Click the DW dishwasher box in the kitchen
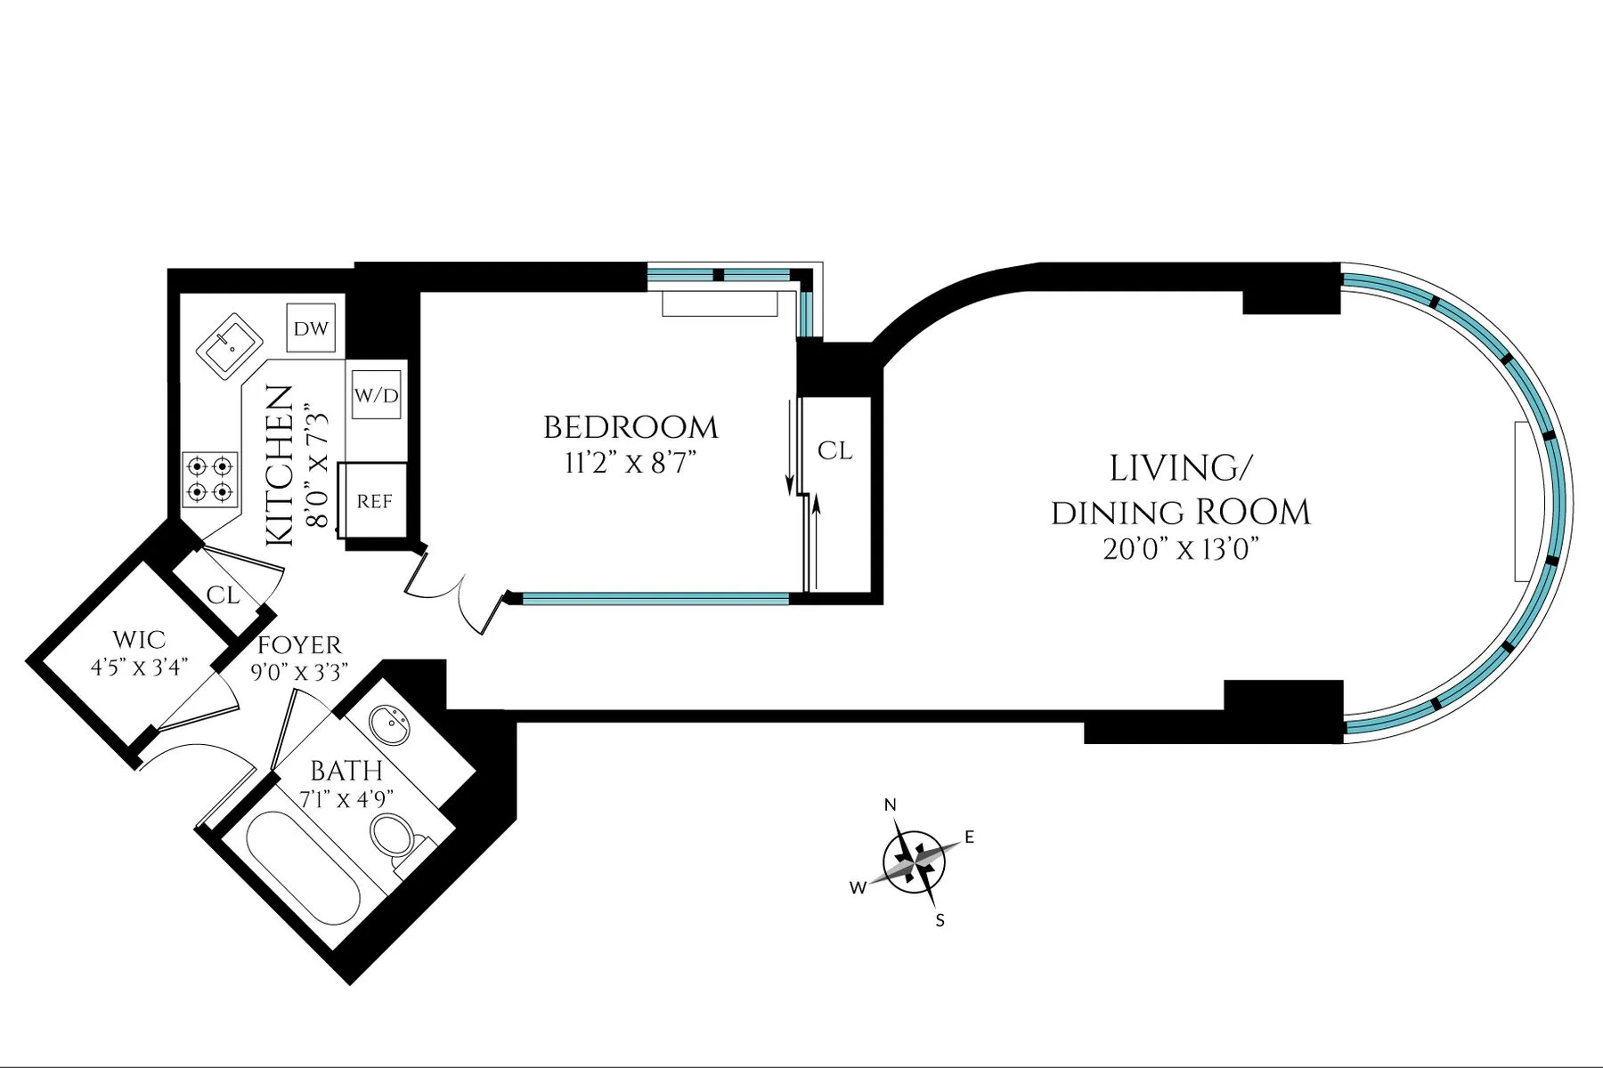coord(311,328)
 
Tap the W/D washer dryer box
coord(376,395)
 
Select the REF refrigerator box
coord(374,501)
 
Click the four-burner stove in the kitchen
coord(210,479)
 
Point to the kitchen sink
coord(229,345)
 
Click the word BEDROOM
coord(631,428)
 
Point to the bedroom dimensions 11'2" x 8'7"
coord(630,463)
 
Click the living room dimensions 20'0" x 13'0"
coord(1180,550)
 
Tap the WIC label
coord(139,640)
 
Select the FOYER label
coord(299,645)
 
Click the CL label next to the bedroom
coord(834,451)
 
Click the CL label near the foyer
coord(223,595)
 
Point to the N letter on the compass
coord(890,805)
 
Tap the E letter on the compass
coord(970,837)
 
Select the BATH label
coord(346,771)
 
